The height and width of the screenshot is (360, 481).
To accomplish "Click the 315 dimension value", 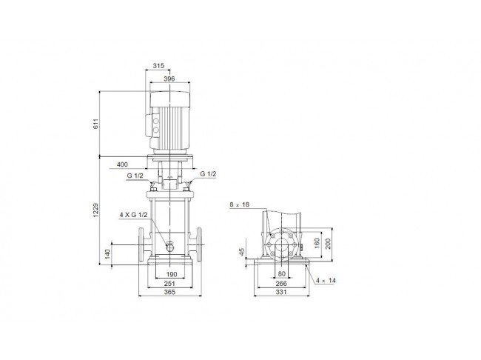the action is click(158, 65).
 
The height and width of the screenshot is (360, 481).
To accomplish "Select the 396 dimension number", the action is click(169, 79).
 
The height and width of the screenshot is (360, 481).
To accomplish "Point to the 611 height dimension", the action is click(96, 124).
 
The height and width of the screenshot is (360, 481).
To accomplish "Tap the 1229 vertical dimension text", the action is click(96, 210).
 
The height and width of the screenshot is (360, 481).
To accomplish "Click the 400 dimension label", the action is click(122, 164).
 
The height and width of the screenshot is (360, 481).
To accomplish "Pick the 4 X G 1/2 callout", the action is click(134, 215).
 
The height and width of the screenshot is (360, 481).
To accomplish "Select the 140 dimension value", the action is click(107, 254).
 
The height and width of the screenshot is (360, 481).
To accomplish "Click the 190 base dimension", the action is click(172, 274).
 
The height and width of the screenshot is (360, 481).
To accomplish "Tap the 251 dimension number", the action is click(169, 284).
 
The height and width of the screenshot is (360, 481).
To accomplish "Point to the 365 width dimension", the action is click(169, 292).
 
